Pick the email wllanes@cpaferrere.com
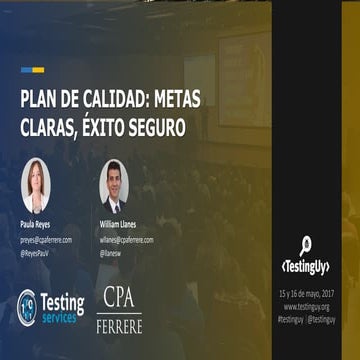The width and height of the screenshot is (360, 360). click(x=127, y=240)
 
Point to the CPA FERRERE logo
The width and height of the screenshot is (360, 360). click(x=119, y=309)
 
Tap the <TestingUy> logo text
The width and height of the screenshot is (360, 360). click(x=305, y=267)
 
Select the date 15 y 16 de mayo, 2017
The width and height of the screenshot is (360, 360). click(x=305, y=295)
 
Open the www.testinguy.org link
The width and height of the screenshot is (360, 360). click(x=305, y=306)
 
